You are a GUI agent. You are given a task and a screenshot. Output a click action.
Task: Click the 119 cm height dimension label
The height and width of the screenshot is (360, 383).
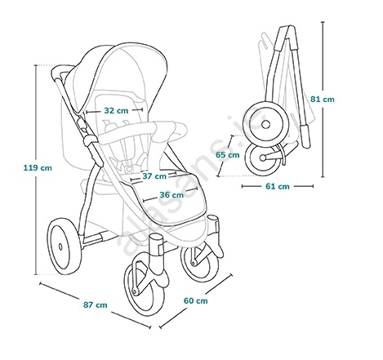tap(38, 167)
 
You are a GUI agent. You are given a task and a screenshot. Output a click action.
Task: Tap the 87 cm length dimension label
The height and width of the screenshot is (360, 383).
tap(96, 304)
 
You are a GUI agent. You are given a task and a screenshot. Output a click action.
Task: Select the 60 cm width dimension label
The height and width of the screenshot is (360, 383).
tap(195, 300)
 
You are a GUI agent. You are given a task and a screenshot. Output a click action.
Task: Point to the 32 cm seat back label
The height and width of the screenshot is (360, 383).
tap(116, 111)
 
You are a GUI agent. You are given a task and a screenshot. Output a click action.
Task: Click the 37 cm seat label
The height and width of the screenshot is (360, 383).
tap(154, 176)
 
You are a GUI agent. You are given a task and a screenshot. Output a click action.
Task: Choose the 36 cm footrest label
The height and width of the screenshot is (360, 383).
tap(171, 195)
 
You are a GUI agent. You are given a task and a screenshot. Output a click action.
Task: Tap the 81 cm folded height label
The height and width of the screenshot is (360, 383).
tap(323, 99)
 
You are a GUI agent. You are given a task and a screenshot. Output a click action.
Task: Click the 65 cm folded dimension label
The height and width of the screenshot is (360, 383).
tap(228, 155)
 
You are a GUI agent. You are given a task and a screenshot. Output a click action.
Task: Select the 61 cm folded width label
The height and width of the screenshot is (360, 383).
tap(278, 186)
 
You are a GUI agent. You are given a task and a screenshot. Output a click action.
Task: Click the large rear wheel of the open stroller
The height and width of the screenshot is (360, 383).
tap(65, 247)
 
